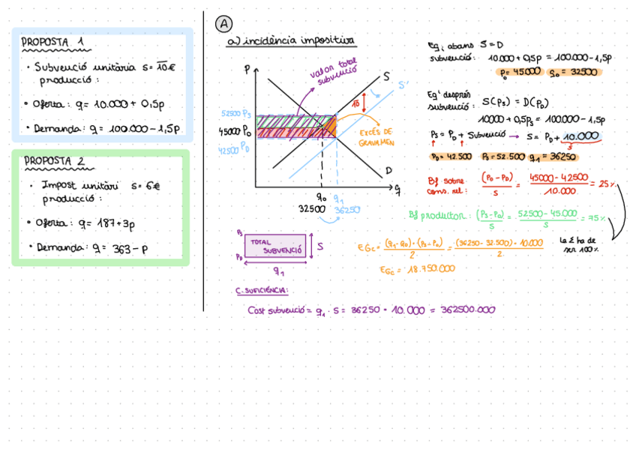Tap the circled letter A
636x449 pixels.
(223, 24)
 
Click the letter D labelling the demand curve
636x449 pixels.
(389, 171)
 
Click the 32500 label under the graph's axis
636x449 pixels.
(312, 209)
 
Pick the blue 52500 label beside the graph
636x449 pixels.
(231, 114)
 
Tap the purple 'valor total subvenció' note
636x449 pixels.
(334, 70)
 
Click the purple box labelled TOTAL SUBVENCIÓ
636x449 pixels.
(274, 246)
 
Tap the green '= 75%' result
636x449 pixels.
(594, 218)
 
